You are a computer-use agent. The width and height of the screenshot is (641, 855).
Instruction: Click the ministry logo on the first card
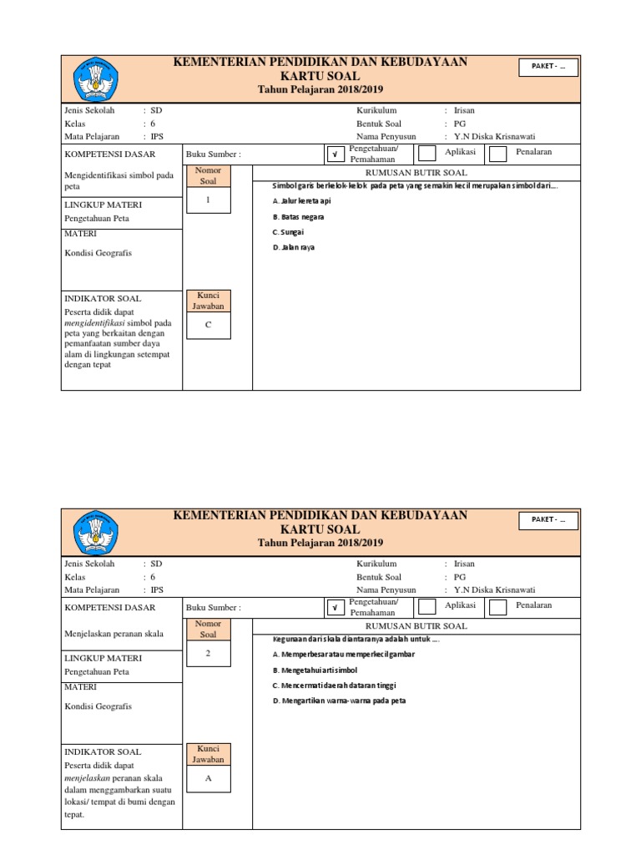(98, 78)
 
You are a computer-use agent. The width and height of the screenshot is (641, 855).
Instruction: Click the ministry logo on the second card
(98, 532)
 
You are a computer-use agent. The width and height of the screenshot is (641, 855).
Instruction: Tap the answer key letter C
(209, 326)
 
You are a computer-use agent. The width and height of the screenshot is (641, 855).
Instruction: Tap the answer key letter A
(209, 778)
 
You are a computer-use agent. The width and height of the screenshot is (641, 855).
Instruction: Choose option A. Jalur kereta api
(302, 201)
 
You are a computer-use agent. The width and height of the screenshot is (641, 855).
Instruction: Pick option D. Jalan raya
(293, 247)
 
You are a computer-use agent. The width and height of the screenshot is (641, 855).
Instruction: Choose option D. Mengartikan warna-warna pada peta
(339, 701)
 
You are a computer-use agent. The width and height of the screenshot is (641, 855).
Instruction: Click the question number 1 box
(209, 201)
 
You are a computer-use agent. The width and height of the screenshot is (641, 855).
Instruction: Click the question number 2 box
(209, 654)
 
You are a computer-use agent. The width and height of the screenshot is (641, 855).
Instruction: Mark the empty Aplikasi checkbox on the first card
(426, 154)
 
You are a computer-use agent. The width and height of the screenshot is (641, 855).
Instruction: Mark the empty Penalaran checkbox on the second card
(497, 607)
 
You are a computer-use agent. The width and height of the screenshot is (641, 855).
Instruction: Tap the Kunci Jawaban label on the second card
(209, 754)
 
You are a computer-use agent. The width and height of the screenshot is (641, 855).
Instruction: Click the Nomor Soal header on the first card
(209, 176)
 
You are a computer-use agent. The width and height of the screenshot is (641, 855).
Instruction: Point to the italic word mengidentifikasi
(97, 323)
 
